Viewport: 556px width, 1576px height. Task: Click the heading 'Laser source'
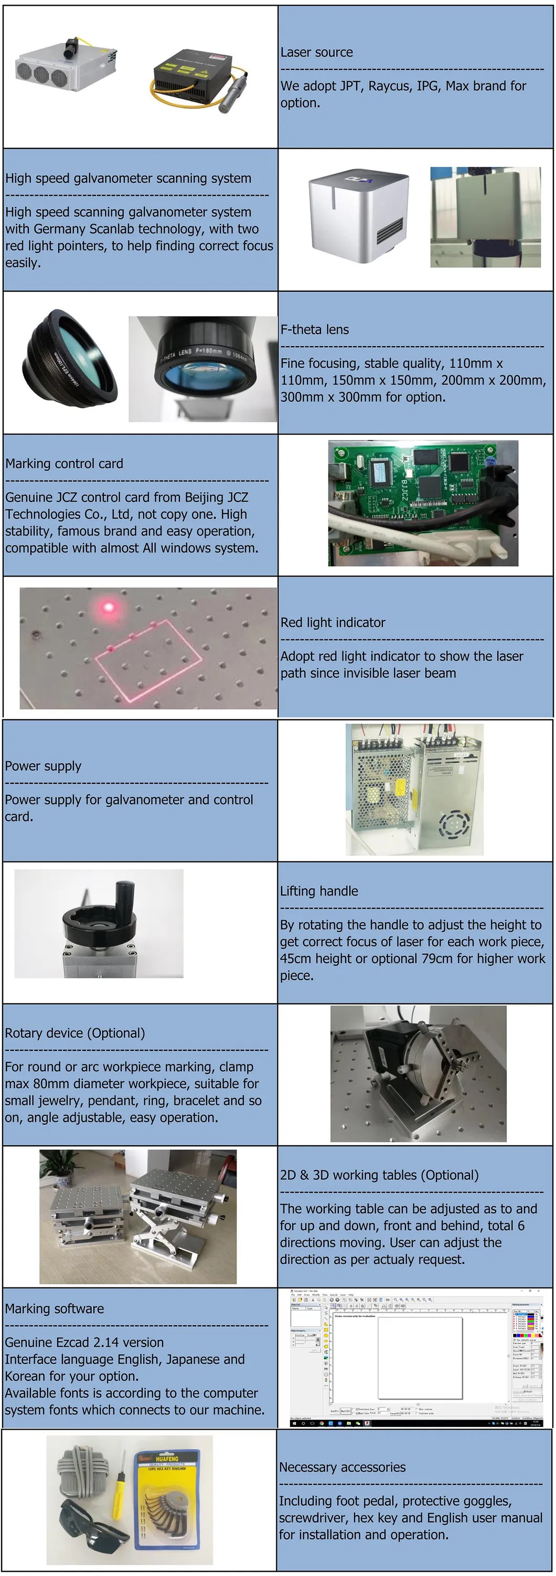316,52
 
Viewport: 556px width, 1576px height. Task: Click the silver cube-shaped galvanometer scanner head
358,214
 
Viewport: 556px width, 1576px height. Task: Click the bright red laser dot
109,608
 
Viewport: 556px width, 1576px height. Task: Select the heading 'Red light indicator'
333,623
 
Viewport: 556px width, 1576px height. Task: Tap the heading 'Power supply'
43,766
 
